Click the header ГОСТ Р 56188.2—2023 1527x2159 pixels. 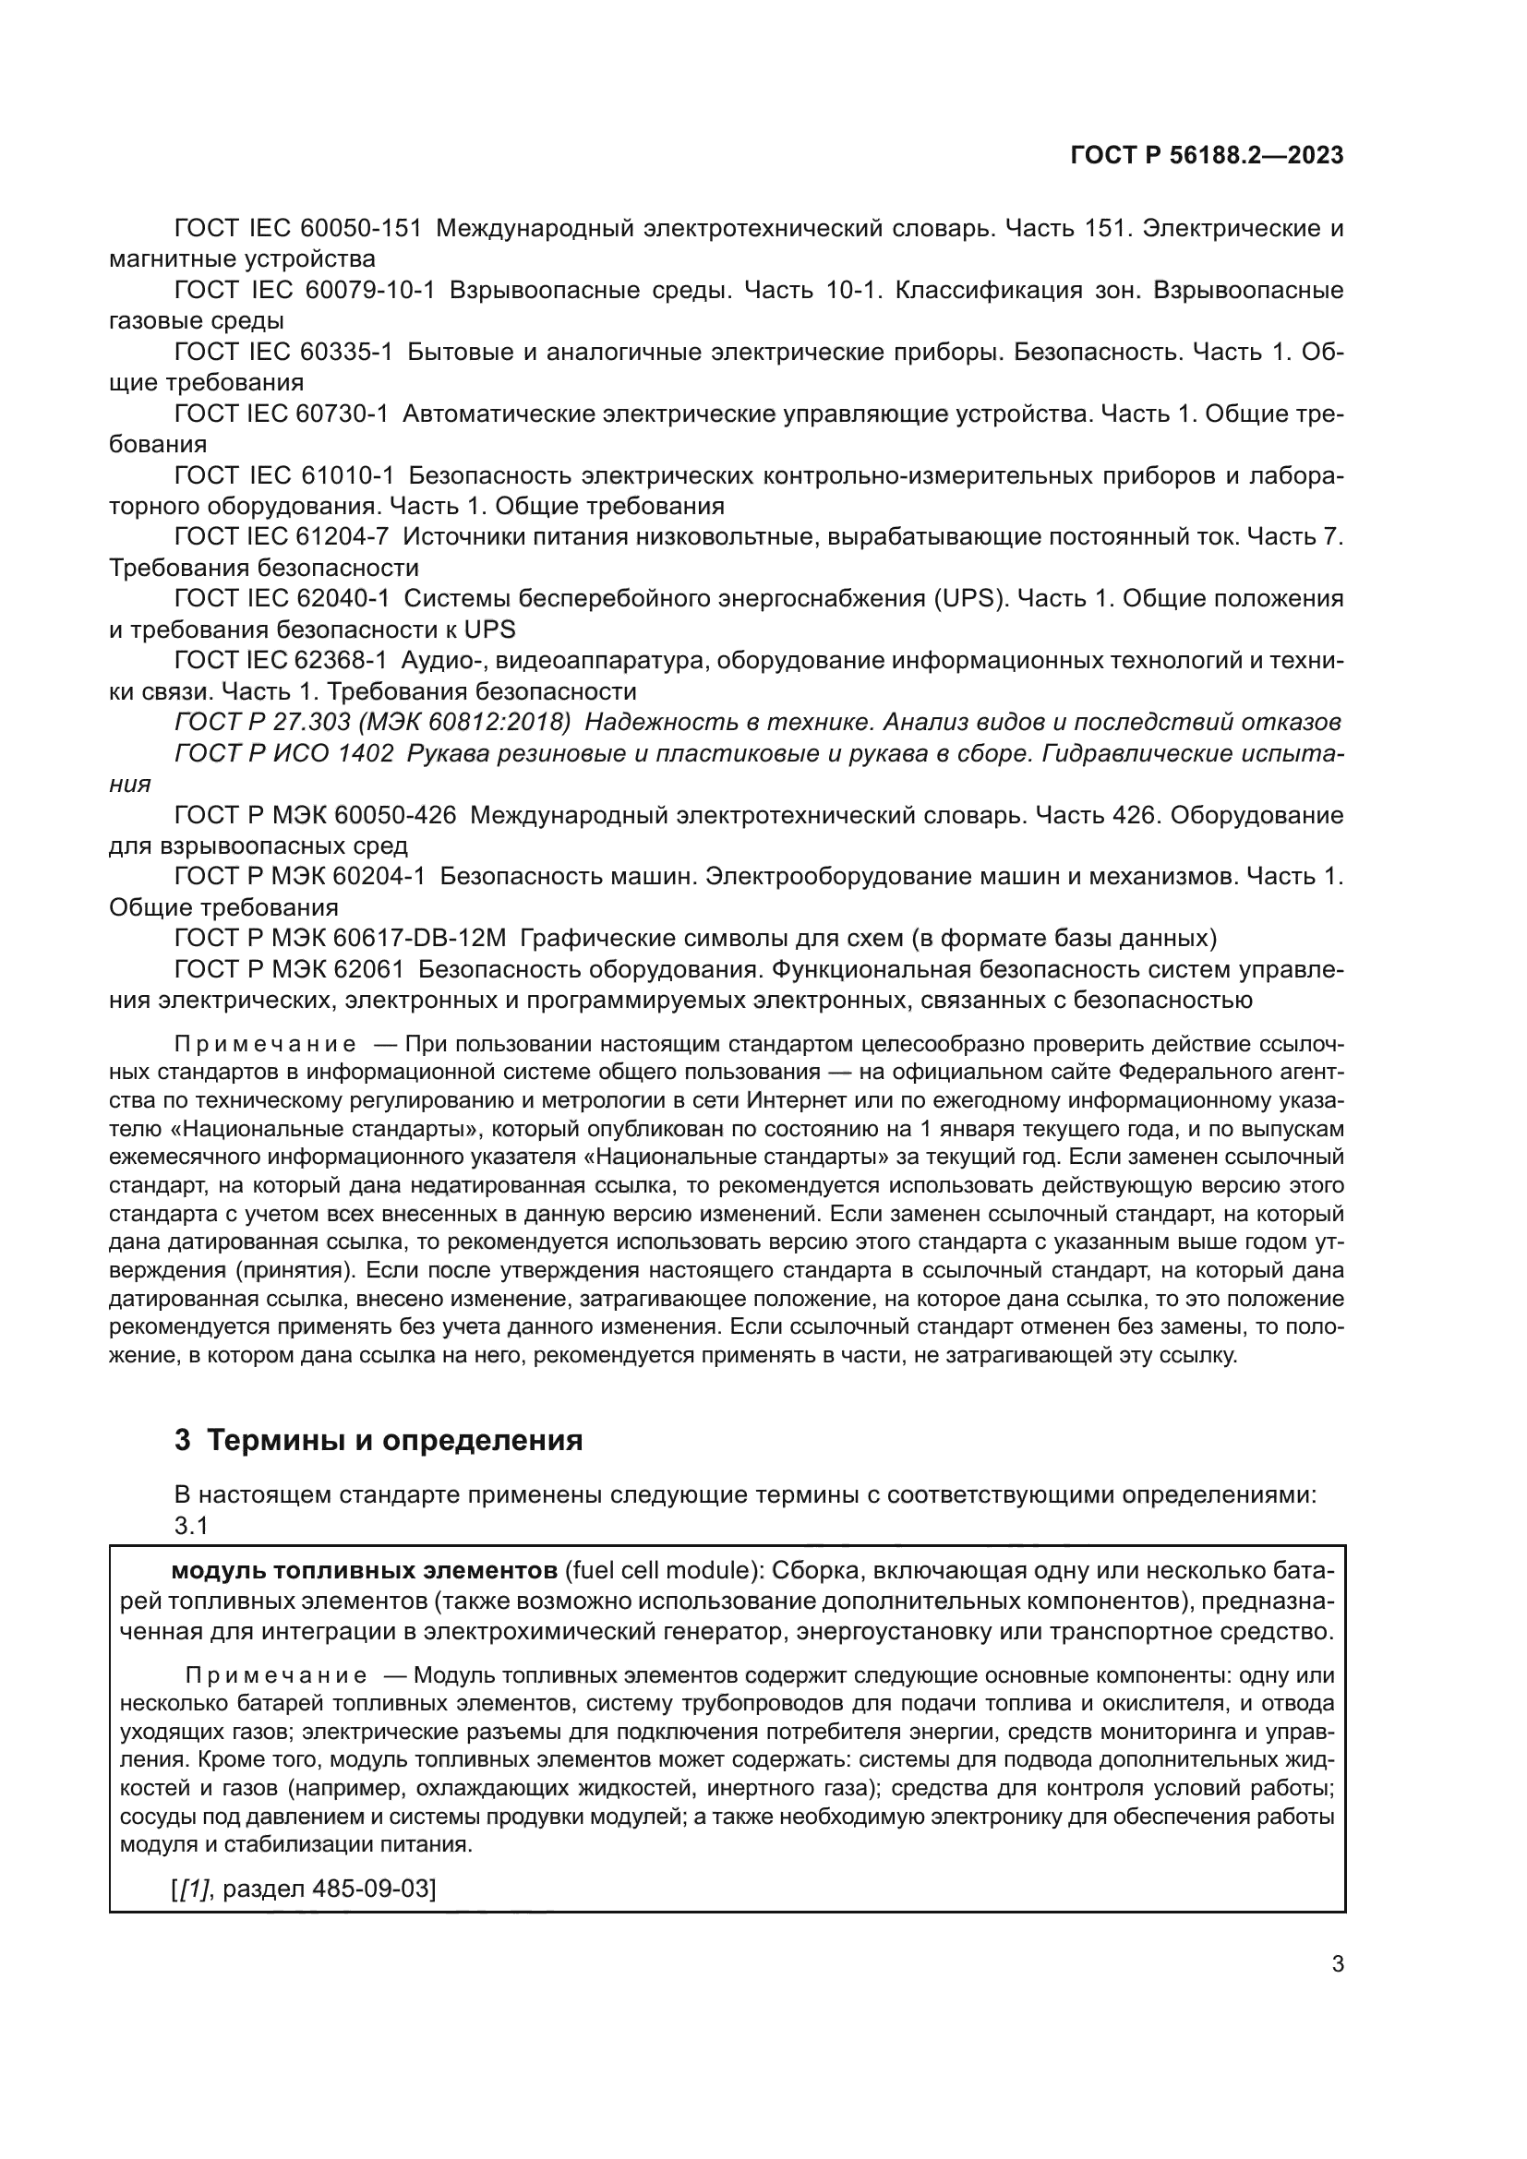[x=1207, y=156]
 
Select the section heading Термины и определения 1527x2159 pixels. [x=394, y=1440]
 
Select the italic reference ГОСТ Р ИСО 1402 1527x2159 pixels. [x=283, y=753]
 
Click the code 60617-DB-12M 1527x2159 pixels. [x=419, y=938]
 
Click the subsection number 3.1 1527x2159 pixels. [x=191, y=1525]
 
